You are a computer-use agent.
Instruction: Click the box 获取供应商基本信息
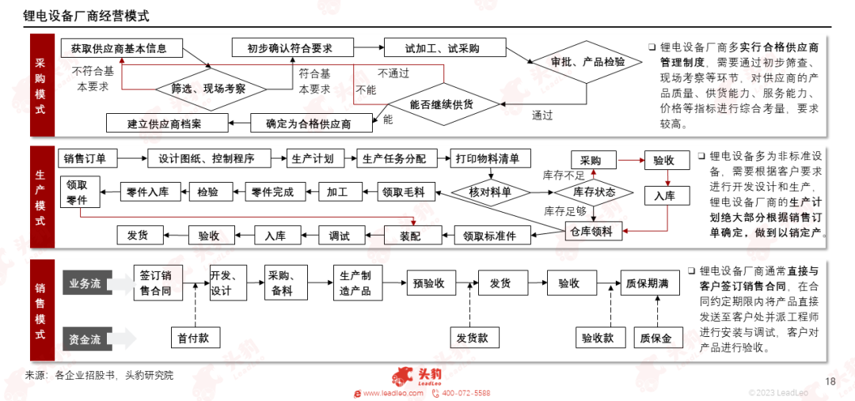pos(122,48)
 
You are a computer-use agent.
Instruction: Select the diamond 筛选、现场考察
pos(211,89)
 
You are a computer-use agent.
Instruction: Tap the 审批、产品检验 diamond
pos(587,62)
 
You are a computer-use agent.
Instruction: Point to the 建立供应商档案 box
pos(167,123)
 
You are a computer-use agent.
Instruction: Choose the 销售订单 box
pos(88,159)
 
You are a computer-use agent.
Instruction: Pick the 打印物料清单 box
pos(492,159)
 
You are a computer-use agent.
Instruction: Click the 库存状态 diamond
pos(594,191)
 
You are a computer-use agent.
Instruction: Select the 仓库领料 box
pos(594,232)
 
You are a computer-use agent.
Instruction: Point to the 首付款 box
pos(196,338)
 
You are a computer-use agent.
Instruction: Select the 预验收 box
pos(431,283)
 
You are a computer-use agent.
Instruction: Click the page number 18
pos(830,381)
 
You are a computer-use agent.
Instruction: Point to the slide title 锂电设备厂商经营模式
pos(86,16)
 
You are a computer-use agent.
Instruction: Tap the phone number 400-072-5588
pos(465,393)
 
